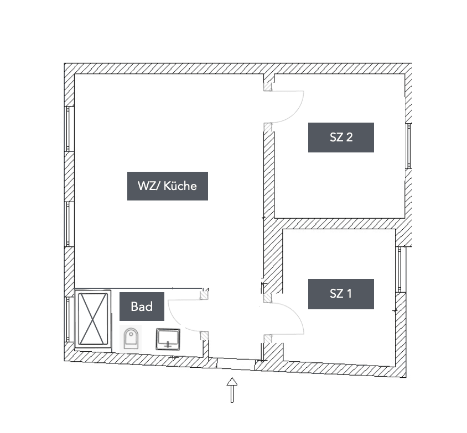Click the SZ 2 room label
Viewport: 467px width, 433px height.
tap(341, 138)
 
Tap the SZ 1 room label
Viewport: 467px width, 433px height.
tap(341, 294)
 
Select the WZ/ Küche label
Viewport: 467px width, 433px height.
tap(167, 186)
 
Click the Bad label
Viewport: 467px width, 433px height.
tap(142, 307)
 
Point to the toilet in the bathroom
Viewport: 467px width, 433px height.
tap(131, 338)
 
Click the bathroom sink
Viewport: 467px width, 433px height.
tap(168, 339)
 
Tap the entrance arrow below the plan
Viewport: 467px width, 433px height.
tap(232, 389)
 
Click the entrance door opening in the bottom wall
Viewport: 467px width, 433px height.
tap(235, 363)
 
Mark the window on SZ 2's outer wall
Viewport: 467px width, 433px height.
tap(409, 146)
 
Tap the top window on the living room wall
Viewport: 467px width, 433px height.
tap(69, 128)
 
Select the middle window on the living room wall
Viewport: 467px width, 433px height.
tap(69, 224)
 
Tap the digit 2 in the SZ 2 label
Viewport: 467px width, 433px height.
tap(349, 138)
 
